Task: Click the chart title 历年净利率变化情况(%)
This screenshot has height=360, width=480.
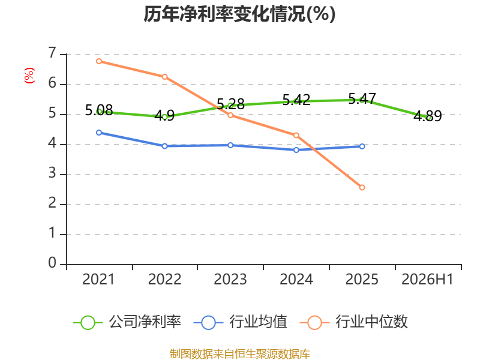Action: pos(239,14)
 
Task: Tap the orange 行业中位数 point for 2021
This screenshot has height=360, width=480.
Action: pos(99,61)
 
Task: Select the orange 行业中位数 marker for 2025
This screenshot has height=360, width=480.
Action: pos(362,187)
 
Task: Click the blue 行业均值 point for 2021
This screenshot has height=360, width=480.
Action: pos(99,133)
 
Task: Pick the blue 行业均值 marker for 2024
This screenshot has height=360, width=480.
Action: pos(296,150)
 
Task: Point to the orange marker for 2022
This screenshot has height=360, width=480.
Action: pos(164,77)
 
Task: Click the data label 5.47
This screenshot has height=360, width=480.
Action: pos(362,99)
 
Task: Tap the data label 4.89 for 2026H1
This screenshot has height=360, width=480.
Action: pos(428,116)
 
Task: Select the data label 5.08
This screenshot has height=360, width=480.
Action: pos(99,110)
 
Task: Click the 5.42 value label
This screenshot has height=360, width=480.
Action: pos(296,100)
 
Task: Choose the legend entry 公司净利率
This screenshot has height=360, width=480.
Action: pos(127,322)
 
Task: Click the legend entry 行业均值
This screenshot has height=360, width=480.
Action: pos(241,322)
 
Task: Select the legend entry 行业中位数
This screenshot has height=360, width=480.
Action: pos(354,322)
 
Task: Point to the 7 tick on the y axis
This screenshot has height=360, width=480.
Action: pos(53,53)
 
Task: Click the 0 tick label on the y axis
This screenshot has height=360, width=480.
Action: pos(52,263)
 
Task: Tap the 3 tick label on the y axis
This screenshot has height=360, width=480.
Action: pos(52,173)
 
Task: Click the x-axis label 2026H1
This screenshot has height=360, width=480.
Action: pos(427,280)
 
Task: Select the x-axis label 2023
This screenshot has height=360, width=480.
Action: pos(230,280)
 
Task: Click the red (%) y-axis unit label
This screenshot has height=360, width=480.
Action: pos(29,76)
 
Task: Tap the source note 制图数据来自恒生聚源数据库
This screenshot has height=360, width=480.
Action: pos(239,354)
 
